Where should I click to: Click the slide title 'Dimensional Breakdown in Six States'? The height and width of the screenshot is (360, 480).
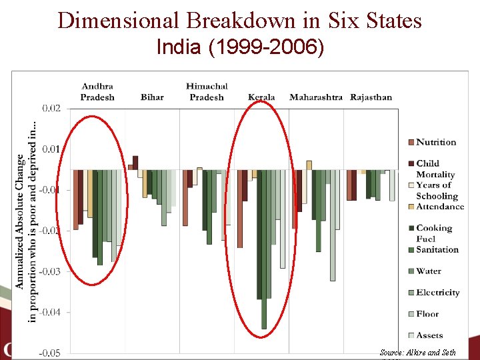point(240,20)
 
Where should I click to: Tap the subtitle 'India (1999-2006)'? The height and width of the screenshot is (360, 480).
point(240,48)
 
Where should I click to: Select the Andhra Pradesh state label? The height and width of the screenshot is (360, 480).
point(97,92)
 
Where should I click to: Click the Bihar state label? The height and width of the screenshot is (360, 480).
point(152,97)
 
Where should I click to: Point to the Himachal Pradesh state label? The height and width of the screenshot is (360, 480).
point(207,92)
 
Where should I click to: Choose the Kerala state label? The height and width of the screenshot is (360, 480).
point(261,97)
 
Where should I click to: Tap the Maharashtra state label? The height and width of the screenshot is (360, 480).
point(316,97)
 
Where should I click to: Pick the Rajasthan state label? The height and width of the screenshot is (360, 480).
point(371,97)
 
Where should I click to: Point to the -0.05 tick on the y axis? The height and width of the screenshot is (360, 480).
point(51,353)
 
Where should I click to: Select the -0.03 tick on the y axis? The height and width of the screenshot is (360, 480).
point(51,271)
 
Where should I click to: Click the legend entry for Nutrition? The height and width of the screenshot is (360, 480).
point(436,142)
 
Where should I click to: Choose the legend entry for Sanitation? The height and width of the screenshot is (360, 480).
point(437,249)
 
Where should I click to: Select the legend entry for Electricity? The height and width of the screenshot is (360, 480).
point(438,292)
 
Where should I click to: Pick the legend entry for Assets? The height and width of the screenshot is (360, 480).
point(429,335)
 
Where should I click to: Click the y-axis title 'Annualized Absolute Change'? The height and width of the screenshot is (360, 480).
point(21,220)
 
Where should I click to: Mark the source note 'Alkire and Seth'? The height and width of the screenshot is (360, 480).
point(418,352)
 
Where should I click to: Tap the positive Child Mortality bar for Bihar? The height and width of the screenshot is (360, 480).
point(135,162)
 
